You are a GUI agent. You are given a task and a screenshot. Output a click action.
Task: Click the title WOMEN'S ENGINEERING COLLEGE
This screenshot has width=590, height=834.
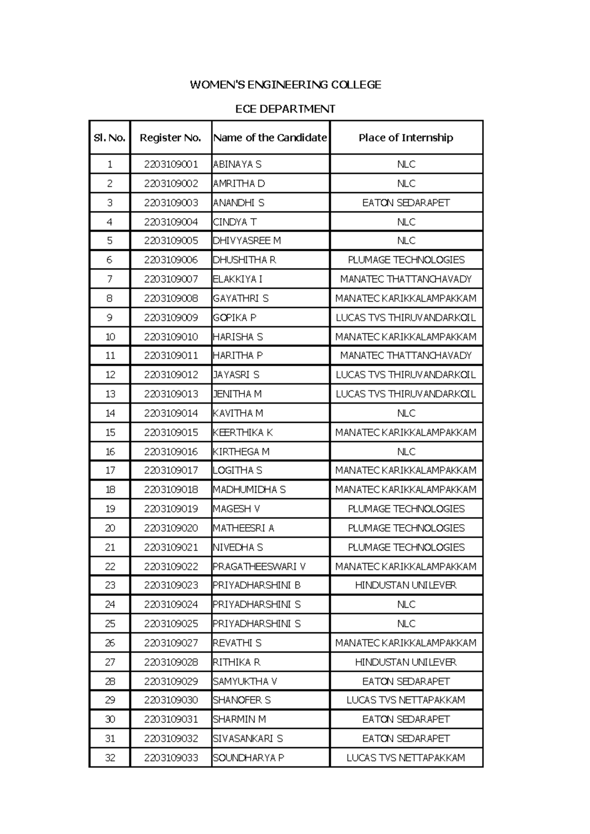coord(285,85)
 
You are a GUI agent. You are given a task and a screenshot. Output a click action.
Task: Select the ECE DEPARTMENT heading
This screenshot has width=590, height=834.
coord(285,109)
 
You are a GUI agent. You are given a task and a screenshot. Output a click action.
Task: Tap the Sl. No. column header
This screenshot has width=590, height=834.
coord(110,138)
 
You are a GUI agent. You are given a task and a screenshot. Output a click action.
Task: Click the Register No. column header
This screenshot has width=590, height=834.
coord(171,138)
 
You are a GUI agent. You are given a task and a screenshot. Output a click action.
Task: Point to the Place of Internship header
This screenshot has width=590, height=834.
coord(406,138)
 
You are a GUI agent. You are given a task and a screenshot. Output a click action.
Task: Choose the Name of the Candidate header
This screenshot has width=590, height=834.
coord(270,138)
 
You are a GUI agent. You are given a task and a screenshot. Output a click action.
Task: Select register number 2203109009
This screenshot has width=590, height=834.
coord(171,318)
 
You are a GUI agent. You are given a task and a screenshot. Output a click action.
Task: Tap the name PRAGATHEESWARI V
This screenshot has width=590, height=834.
coord(259,566)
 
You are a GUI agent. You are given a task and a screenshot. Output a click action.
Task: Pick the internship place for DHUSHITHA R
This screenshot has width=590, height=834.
coord(406,260)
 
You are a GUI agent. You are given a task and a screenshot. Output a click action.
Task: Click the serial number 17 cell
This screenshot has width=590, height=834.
coord(110,471)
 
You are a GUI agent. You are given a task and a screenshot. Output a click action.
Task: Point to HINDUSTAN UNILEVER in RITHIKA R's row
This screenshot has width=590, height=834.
coord(406,662)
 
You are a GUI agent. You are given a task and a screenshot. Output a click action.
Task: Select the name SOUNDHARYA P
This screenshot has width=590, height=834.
coord(248,758)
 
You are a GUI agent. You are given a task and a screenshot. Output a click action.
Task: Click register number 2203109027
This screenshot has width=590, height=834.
coord(171,643)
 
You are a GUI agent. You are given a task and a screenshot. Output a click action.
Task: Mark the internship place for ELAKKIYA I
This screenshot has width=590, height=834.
coord(406,279)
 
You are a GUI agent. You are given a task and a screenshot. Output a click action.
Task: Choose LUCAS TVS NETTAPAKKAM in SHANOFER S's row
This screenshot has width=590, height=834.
coord(406,700)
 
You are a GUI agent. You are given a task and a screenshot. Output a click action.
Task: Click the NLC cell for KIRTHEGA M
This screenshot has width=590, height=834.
coord(406,451)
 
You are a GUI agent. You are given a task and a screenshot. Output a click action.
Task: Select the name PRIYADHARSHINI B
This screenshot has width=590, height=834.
coord(257,585)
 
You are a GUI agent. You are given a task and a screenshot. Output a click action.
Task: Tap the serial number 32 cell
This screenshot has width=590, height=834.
coord(110,758)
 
